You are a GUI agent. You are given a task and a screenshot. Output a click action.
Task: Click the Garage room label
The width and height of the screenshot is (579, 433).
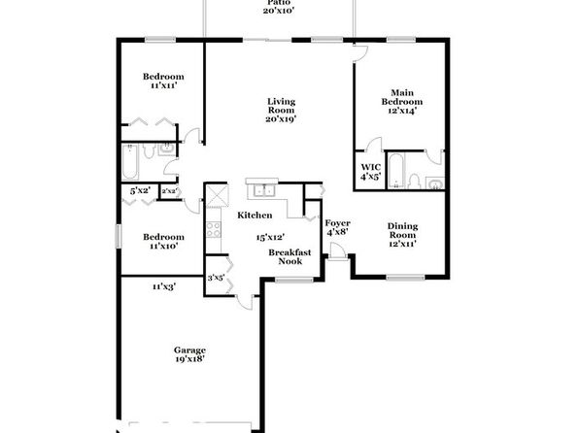pyautogui.click(x=189, y=350)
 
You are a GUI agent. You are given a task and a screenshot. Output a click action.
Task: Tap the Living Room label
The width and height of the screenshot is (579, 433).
pyautogui.click(x=281, y=106)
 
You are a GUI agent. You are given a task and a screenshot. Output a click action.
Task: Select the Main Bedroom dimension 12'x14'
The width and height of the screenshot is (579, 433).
pyautogui.click(x=402, y=111)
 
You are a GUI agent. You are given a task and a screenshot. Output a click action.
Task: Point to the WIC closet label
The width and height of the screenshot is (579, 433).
pyautogui.click(x=371, y=167)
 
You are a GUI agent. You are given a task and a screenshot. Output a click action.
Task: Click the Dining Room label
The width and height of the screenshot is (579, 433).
pyautogui.click(x=402, y=230)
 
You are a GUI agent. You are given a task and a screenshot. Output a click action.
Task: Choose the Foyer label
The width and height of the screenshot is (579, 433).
pyautogui.click(x=337, y=223)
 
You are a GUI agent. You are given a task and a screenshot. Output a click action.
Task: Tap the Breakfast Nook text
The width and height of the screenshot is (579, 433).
pyautogui.click(x=289, y=257)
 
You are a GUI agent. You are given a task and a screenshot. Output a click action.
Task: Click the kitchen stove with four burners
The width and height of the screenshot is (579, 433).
pyautogui.click(x=214, y=229)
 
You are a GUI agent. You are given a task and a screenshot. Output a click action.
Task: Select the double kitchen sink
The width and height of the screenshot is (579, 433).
pyautogui.click(x=263, y=190)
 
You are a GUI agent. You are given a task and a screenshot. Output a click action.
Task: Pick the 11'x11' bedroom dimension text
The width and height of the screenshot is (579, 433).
pyautogui.click(x=163, y=85)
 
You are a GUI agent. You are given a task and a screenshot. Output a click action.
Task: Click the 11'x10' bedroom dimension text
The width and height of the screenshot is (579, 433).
pyautogui.click(x=163, y=246)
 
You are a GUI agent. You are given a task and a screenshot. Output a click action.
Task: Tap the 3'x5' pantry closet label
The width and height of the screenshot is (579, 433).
pyautogui.click(x=216, y=278)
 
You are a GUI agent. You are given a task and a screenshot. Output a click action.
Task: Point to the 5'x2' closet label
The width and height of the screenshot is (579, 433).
pyautogui.click(x=140, y=191)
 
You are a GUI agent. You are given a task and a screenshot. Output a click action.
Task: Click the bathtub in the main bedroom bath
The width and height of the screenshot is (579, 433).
pyautogui.click(x=395, y=171)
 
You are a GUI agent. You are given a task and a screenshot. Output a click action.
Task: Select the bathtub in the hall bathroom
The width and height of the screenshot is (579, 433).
pyautogui.click(x=129, y=162)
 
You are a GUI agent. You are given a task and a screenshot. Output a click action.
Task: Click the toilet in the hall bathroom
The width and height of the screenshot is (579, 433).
pyautogui.click(x=149, y=150)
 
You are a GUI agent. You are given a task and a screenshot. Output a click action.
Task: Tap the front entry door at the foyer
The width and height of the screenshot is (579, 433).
pyautogui.click(x=338, y=252)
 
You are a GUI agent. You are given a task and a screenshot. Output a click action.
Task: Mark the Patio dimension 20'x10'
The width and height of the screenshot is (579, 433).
pyautogui.click(x=279, y=11)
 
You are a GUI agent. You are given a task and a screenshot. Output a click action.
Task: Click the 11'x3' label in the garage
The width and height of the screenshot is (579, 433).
pyautogui.click(x=163, y=286)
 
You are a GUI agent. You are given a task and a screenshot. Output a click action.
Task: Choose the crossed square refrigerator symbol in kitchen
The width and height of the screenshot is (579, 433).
pyautogui.click(x=217, y=195)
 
